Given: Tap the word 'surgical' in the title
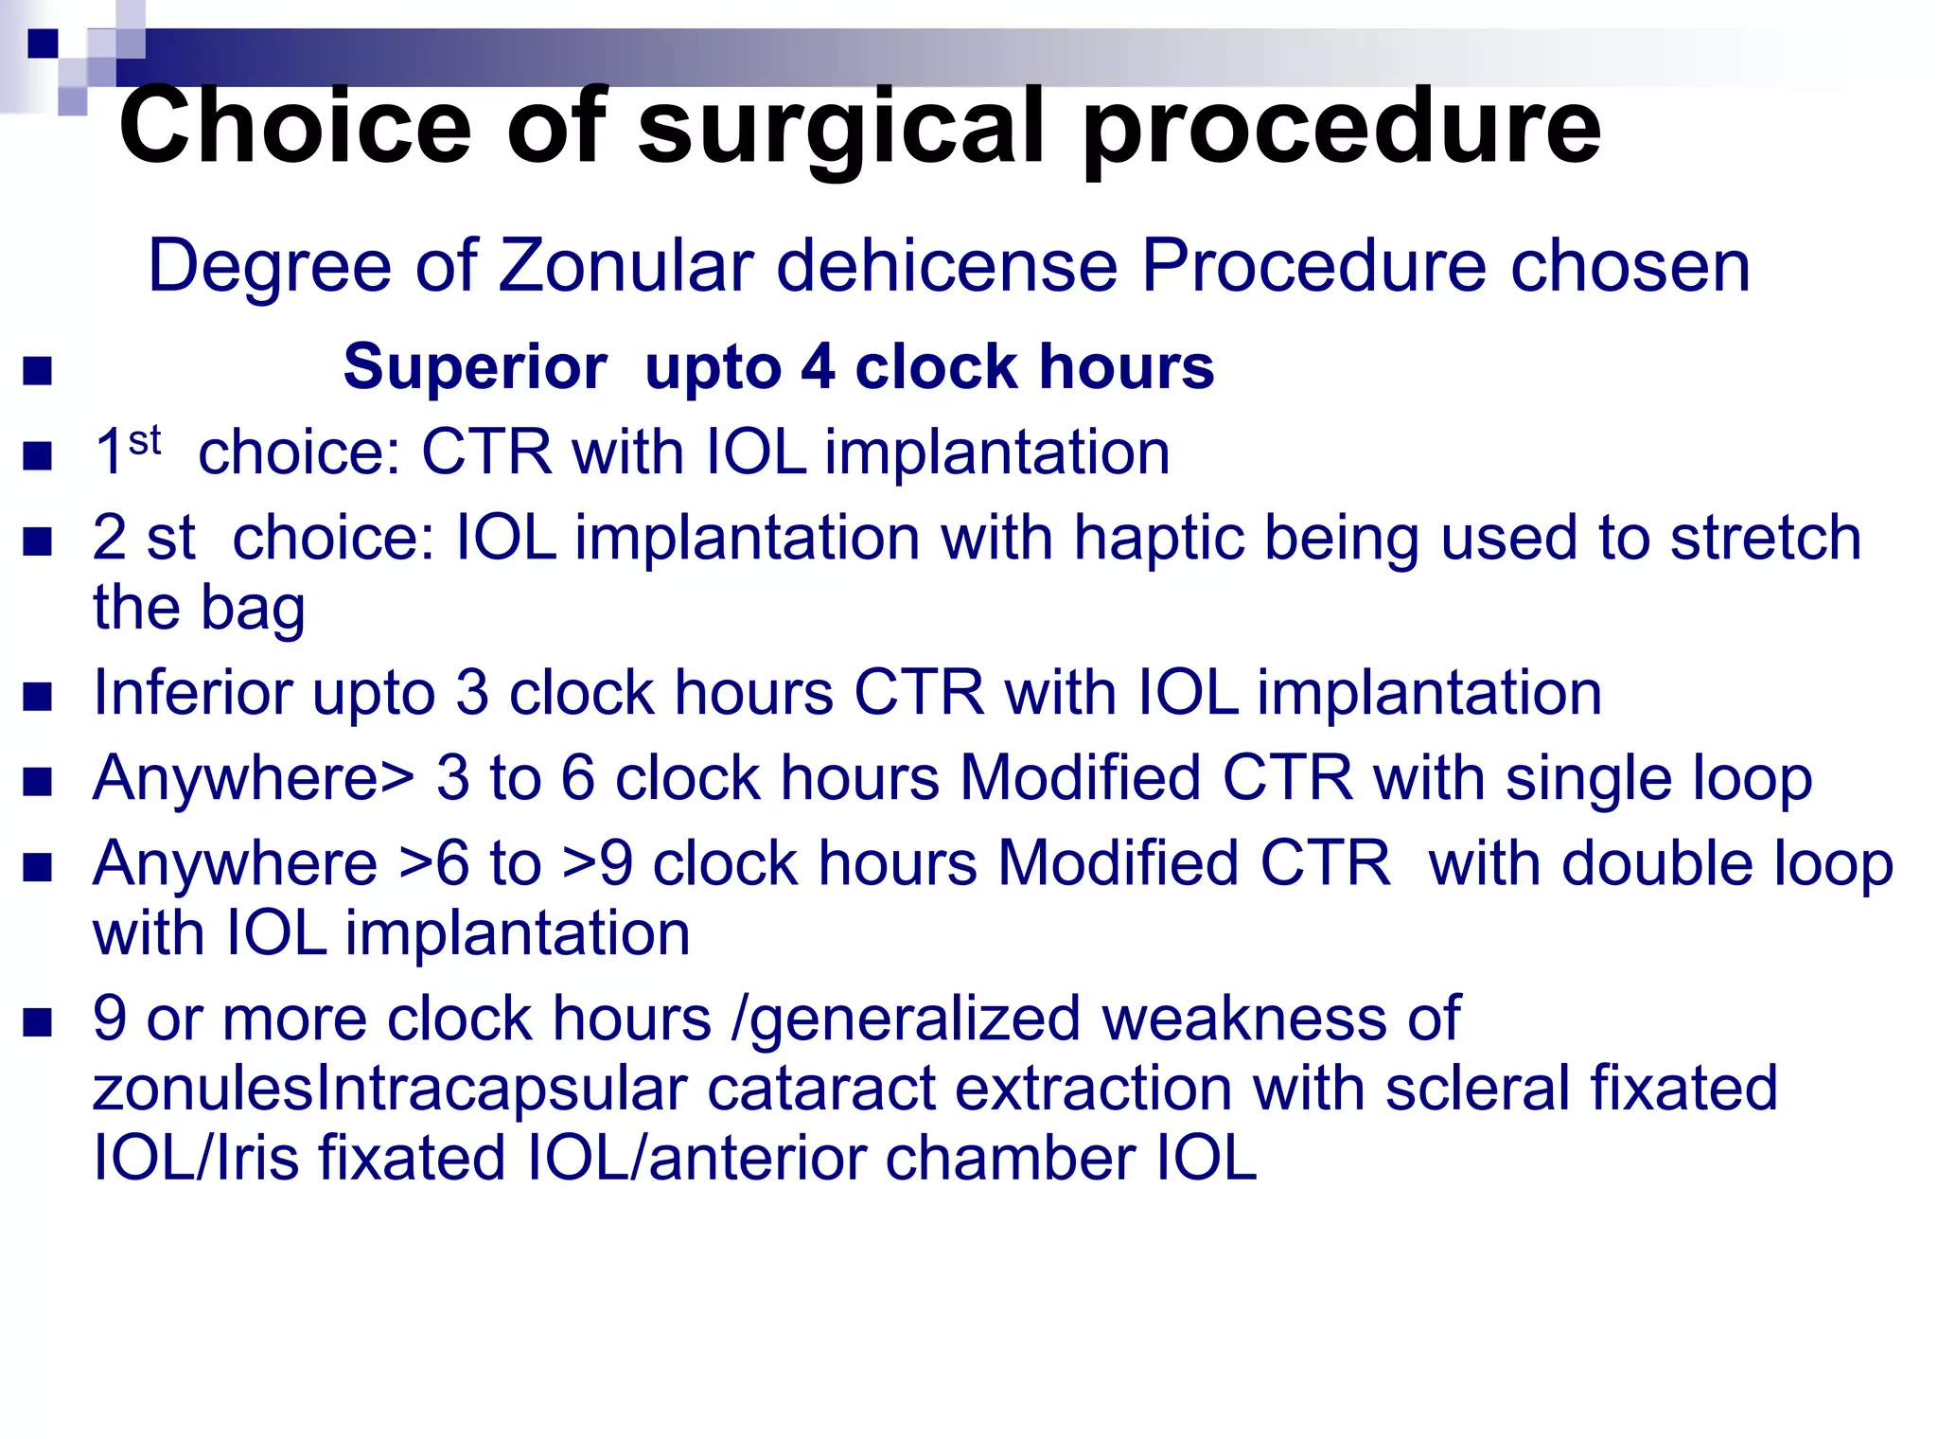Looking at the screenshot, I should tap(841, 128).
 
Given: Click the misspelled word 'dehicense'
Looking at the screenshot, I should tap(947, 266).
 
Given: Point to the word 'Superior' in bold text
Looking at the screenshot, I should tap(474, 367).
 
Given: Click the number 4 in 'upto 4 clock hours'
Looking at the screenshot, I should tap(818, 367).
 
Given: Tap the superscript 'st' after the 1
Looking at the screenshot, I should tap(145, 440).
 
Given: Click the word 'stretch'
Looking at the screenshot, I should tap(1766, 538).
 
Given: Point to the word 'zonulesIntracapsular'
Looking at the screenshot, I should tap(389, 1089).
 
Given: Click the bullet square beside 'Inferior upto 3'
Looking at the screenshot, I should tap(38, 698).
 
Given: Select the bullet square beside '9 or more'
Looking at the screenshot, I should tap(38, 1023).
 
